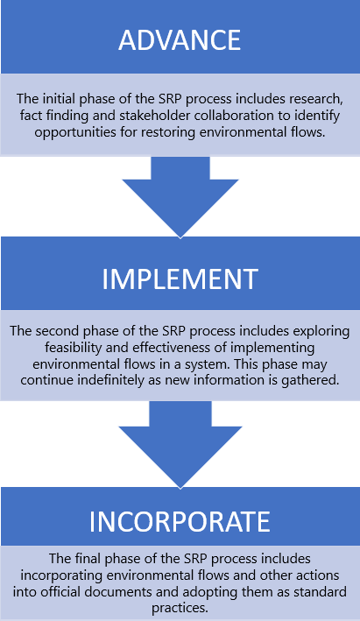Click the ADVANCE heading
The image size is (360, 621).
tap(180, 39)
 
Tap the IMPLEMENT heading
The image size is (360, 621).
tap(180, 279)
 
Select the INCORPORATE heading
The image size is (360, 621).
tap(180, 522)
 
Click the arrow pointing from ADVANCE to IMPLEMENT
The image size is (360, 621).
tap(180, 197)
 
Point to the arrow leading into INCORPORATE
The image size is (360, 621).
tap(180, 444)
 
